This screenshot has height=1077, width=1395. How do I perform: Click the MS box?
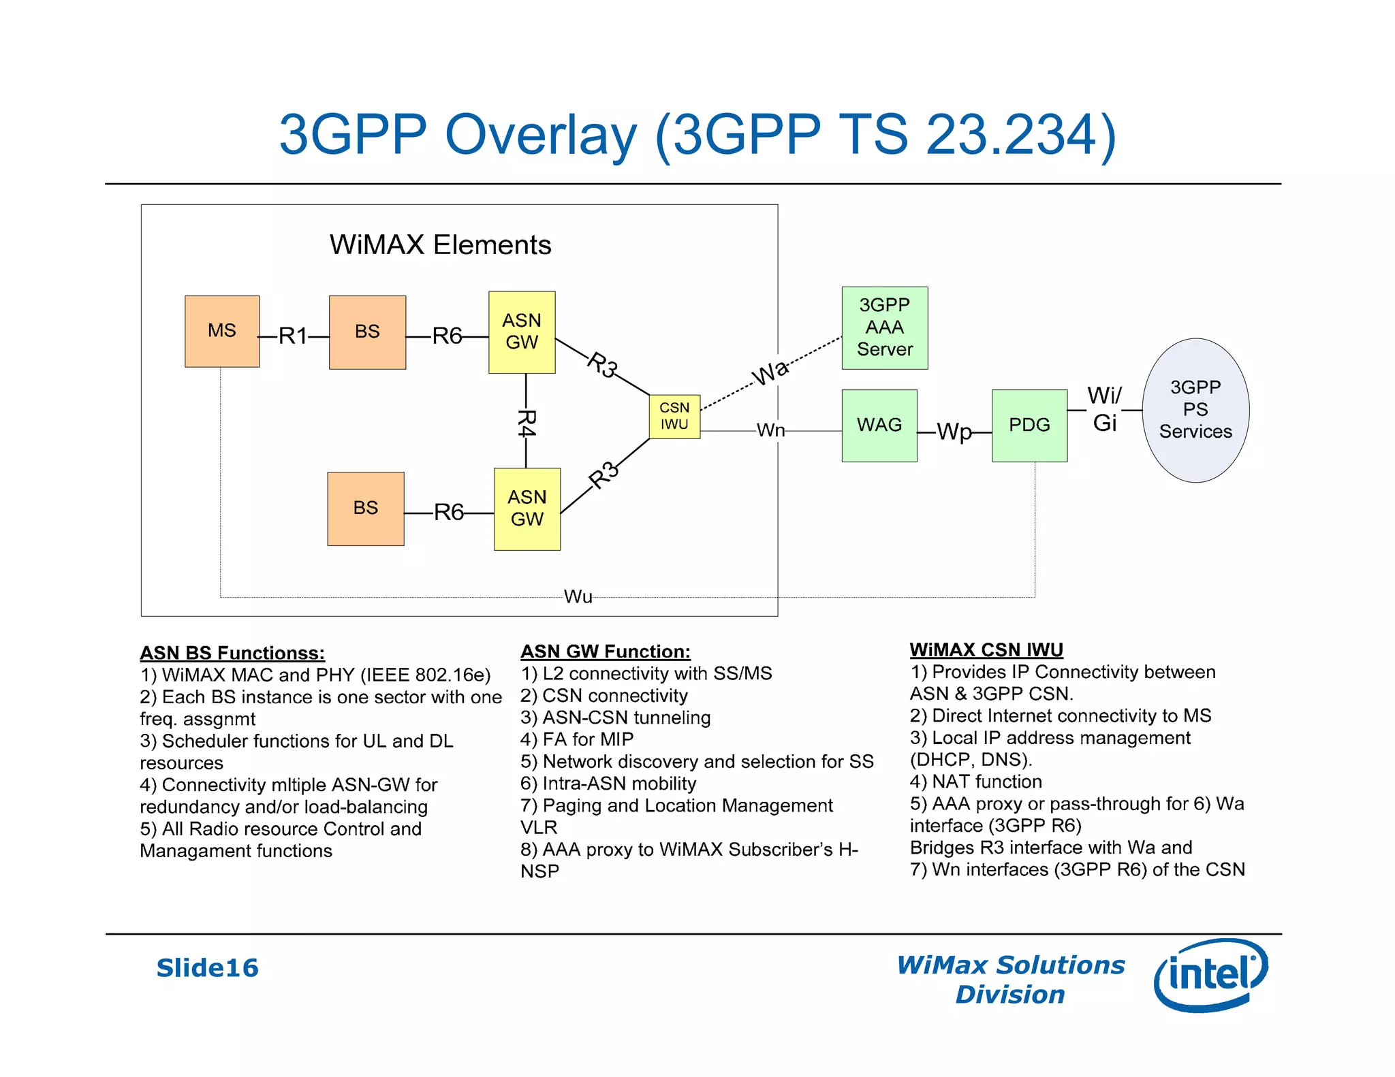click(x=222, y=331)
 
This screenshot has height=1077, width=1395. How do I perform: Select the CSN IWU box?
click(x=674, y=416)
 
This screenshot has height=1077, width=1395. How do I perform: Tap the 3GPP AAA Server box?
click(x=884, y=327)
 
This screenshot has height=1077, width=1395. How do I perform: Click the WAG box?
click(x=879, y=425)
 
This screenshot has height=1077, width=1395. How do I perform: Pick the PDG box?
click(x=1029, y=425)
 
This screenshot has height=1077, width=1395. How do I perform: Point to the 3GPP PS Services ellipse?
click(x=1195, y=410)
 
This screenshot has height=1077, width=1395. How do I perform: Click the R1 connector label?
click(x=294, y=336)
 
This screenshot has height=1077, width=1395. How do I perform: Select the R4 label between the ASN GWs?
click(x=527, y=423)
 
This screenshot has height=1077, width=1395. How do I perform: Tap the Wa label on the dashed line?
click(x=770, y=372)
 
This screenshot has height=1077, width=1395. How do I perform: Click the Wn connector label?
click(x=770, y=430)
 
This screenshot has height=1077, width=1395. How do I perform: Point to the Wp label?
click(x=954, y=432)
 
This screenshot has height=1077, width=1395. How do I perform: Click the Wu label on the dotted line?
click(x=578, y=597)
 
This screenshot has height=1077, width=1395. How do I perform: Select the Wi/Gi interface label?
click(x=1104, y=409)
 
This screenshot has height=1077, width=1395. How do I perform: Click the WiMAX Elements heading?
click(x=440, y=245)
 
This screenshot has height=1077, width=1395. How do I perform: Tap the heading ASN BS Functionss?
click(x=232, y=653)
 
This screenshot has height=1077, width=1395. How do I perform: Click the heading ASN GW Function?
click(x=606, y=652)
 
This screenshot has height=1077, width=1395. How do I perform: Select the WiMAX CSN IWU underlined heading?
click(x=986, y=649)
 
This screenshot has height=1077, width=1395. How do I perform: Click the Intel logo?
click(x=1210, y=974)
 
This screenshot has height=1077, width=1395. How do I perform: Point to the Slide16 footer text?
click(x=208, y=968)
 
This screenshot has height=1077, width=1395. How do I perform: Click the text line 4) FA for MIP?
click(x=577, y=739)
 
